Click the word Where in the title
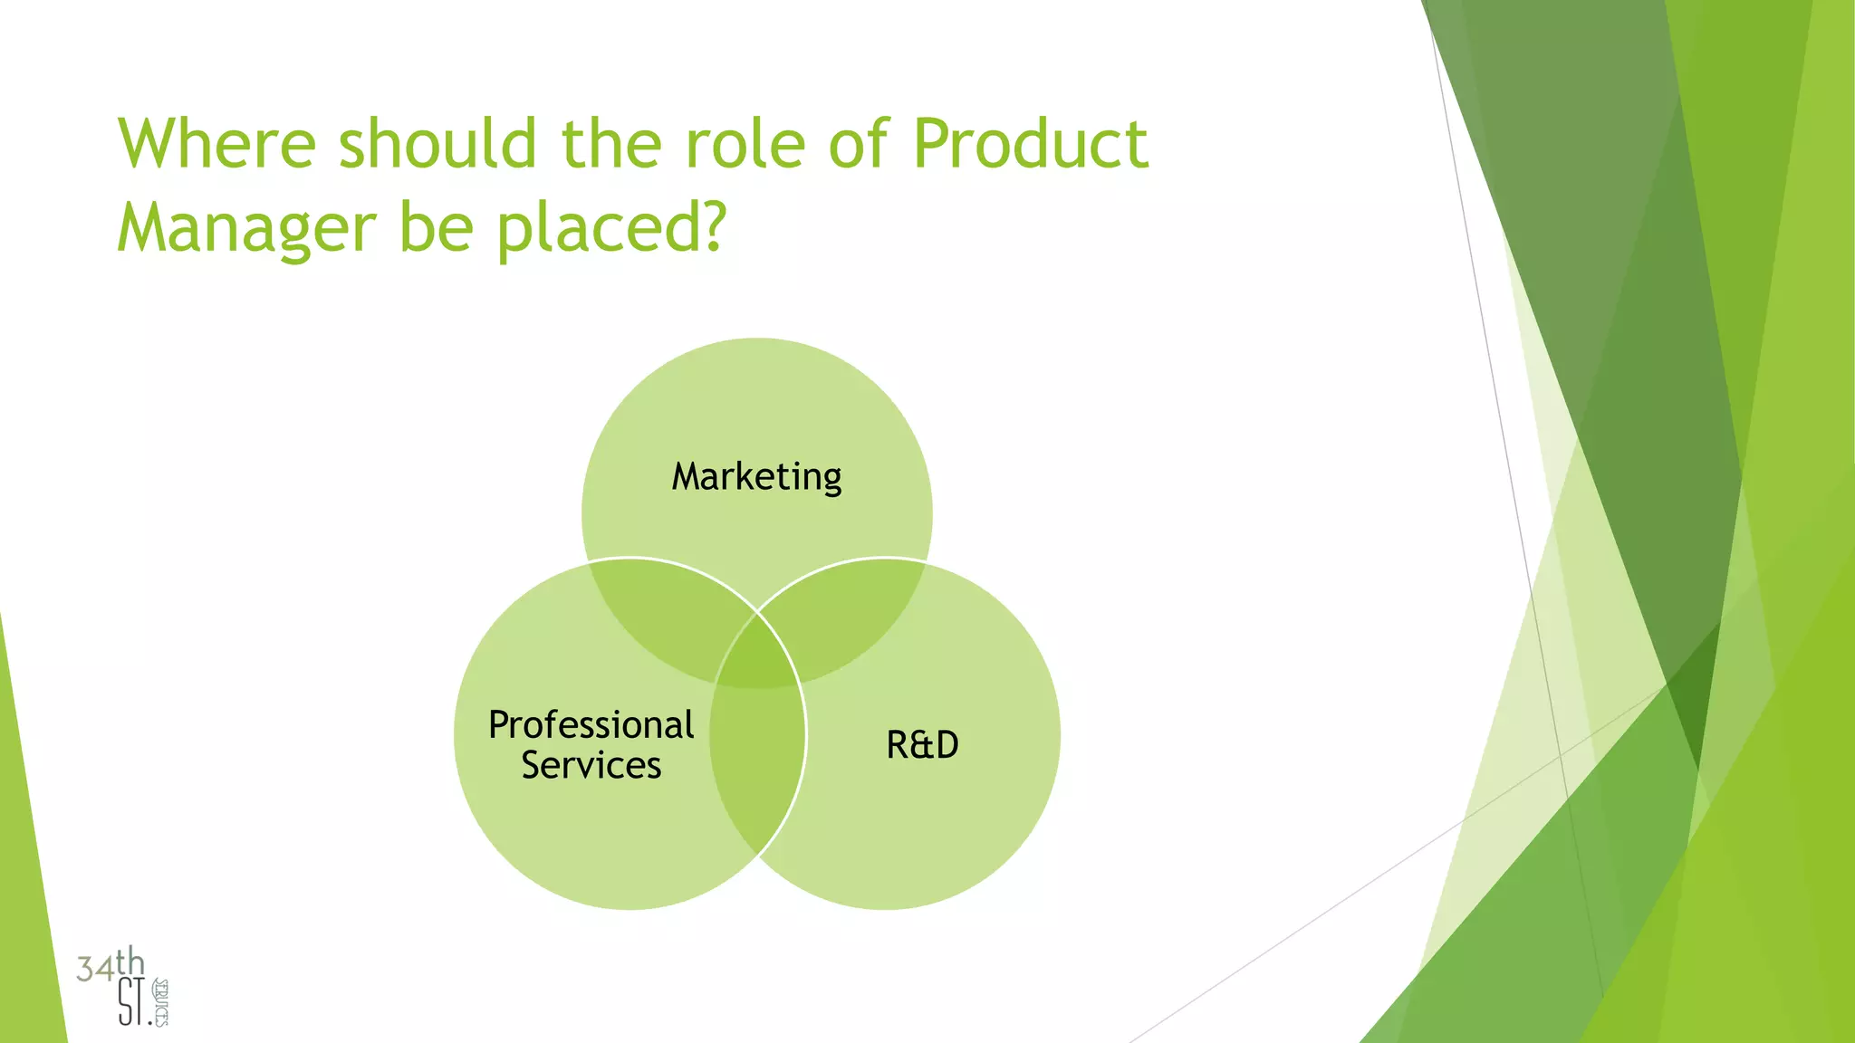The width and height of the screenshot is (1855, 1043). click(x=216, y=144)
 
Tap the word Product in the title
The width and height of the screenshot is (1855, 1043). click(x=1030, y=144)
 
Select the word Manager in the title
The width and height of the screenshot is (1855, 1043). click(x=245, y=227)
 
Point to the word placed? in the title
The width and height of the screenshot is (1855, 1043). click(x=611, y=227)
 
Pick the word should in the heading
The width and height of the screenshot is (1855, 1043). click(x=437, y=144)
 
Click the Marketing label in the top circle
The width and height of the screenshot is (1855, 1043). click(x=756, y=477)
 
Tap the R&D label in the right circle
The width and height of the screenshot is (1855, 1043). click(x=922, y=745)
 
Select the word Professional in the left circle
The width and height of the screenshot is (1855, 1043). click(x=591, y=725)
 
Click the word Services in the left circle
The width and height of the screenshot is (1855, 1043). click(x=591, y=766)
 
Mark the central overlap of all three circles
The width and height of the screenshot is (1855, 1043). click(x=757, y=656)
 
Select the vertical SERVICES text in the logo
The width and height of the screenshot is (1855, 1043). click(x=161, y=1002)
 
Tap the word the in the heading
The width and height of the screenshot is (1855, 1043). click(x=611, y=144)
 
